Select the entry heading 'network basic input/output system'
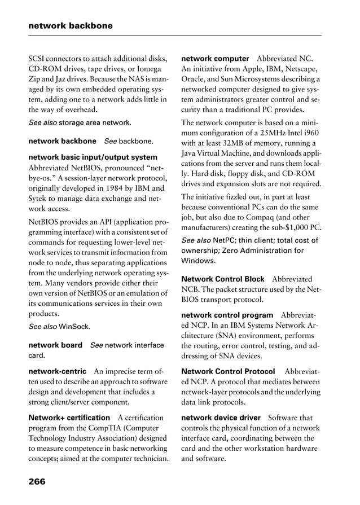coord(93,157)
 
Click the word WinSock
coord(73,326)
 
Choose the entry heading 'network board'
coord(55,345)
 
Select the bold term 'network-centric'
coord(57,371)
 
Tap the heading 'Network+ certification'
coord(69,418)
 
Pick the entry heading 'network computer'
coord(215,59)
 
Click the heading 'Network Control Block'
coord(222,279)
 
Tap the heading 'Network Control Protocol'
coord(228,371)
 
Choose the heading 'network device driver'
coord(221,418)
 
